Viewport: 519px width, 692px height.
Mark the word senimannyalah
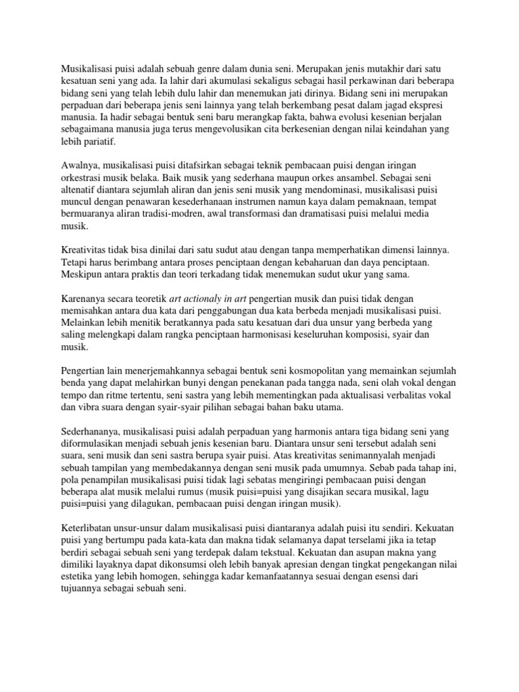coord(353,455)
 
